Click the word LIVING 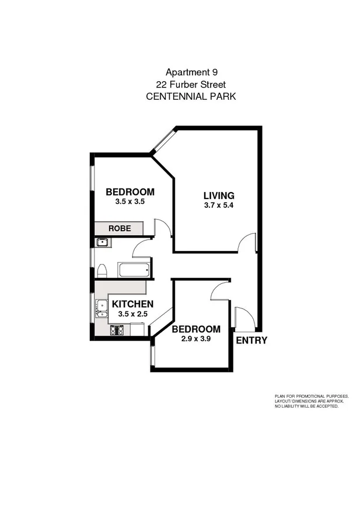pyautogui.click(x=219, y=196)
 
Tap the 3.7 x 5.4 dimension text pyautogui.click(x=219, y=205)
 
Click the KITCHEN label pyautogui.click(x=132, y=304)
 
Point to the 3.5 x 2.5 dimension pyautogui.click(x=131, y=314)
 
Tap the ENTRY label pyautogui.click(x=251, y=340)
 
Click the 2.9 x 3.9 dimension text pyautogui.click(x=195, y=339)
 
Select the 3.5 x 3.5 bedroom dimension pyautogui.click(x=130, y=201)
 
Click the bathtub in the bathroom pyautogui.click(x=135, y=269)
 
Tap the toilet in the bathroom pyautogui.click(x=102, y=270)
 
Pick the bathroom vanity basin pyautogui.click(x=102, y=242)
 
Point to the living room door pyautogui.click(x=248, y=242)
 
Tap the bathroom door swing pyautogui.click(x=142, y=250)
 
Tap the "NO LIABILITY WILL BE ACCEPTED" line pyautogui.click(x=306, y=406)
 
